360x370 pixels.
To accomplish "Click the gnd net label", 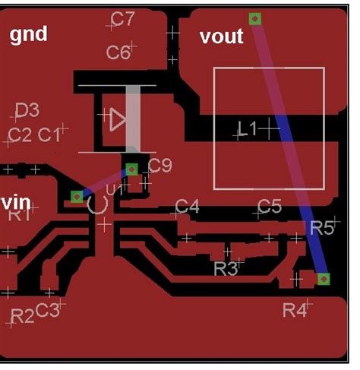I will pyautogui.click(x=28, y=34).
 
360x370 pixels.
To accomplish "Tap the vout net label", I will pyautogui.click(x=221, y=36).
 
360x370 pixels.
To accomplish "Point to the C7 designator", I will pyautogui.click(x=122, y=18).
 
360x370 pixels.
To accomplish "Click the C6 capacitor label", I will pyautogui.click(x=118, y=52).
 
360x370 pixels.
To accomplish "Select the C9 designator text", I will pyautogui.click(x=159, y=166).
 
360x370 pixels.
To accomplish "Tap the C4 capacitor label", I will pyautogui.click(x=187, y=206).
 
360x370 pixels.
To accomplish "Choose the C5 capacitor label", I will pyautogui.click(x=269, y=206).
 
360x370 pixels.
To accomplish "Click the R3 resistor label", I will pyautogui.click(x=226, y=268).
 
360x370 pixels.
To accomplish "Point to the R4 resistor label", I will pyautogui.click(x=295, y=309).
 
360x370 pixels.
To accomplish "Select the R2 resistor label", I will pyautogui.click(x=22, y=315).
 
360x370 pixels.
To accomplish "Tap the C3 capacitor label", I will pyautogui.click(x=48, y=309).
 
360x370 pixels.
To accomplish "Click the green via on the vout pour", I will pyautogui.click(x=256, y=18).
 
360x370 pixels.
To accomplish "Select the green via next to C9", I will pyautogui.click(x=131, y=169).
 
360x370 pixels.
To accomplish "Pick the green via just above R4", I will pyautogui.click(x=324, y=280).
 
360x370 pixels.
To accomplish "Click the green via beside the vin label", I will pyautogui.click(x=77, y=197).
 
